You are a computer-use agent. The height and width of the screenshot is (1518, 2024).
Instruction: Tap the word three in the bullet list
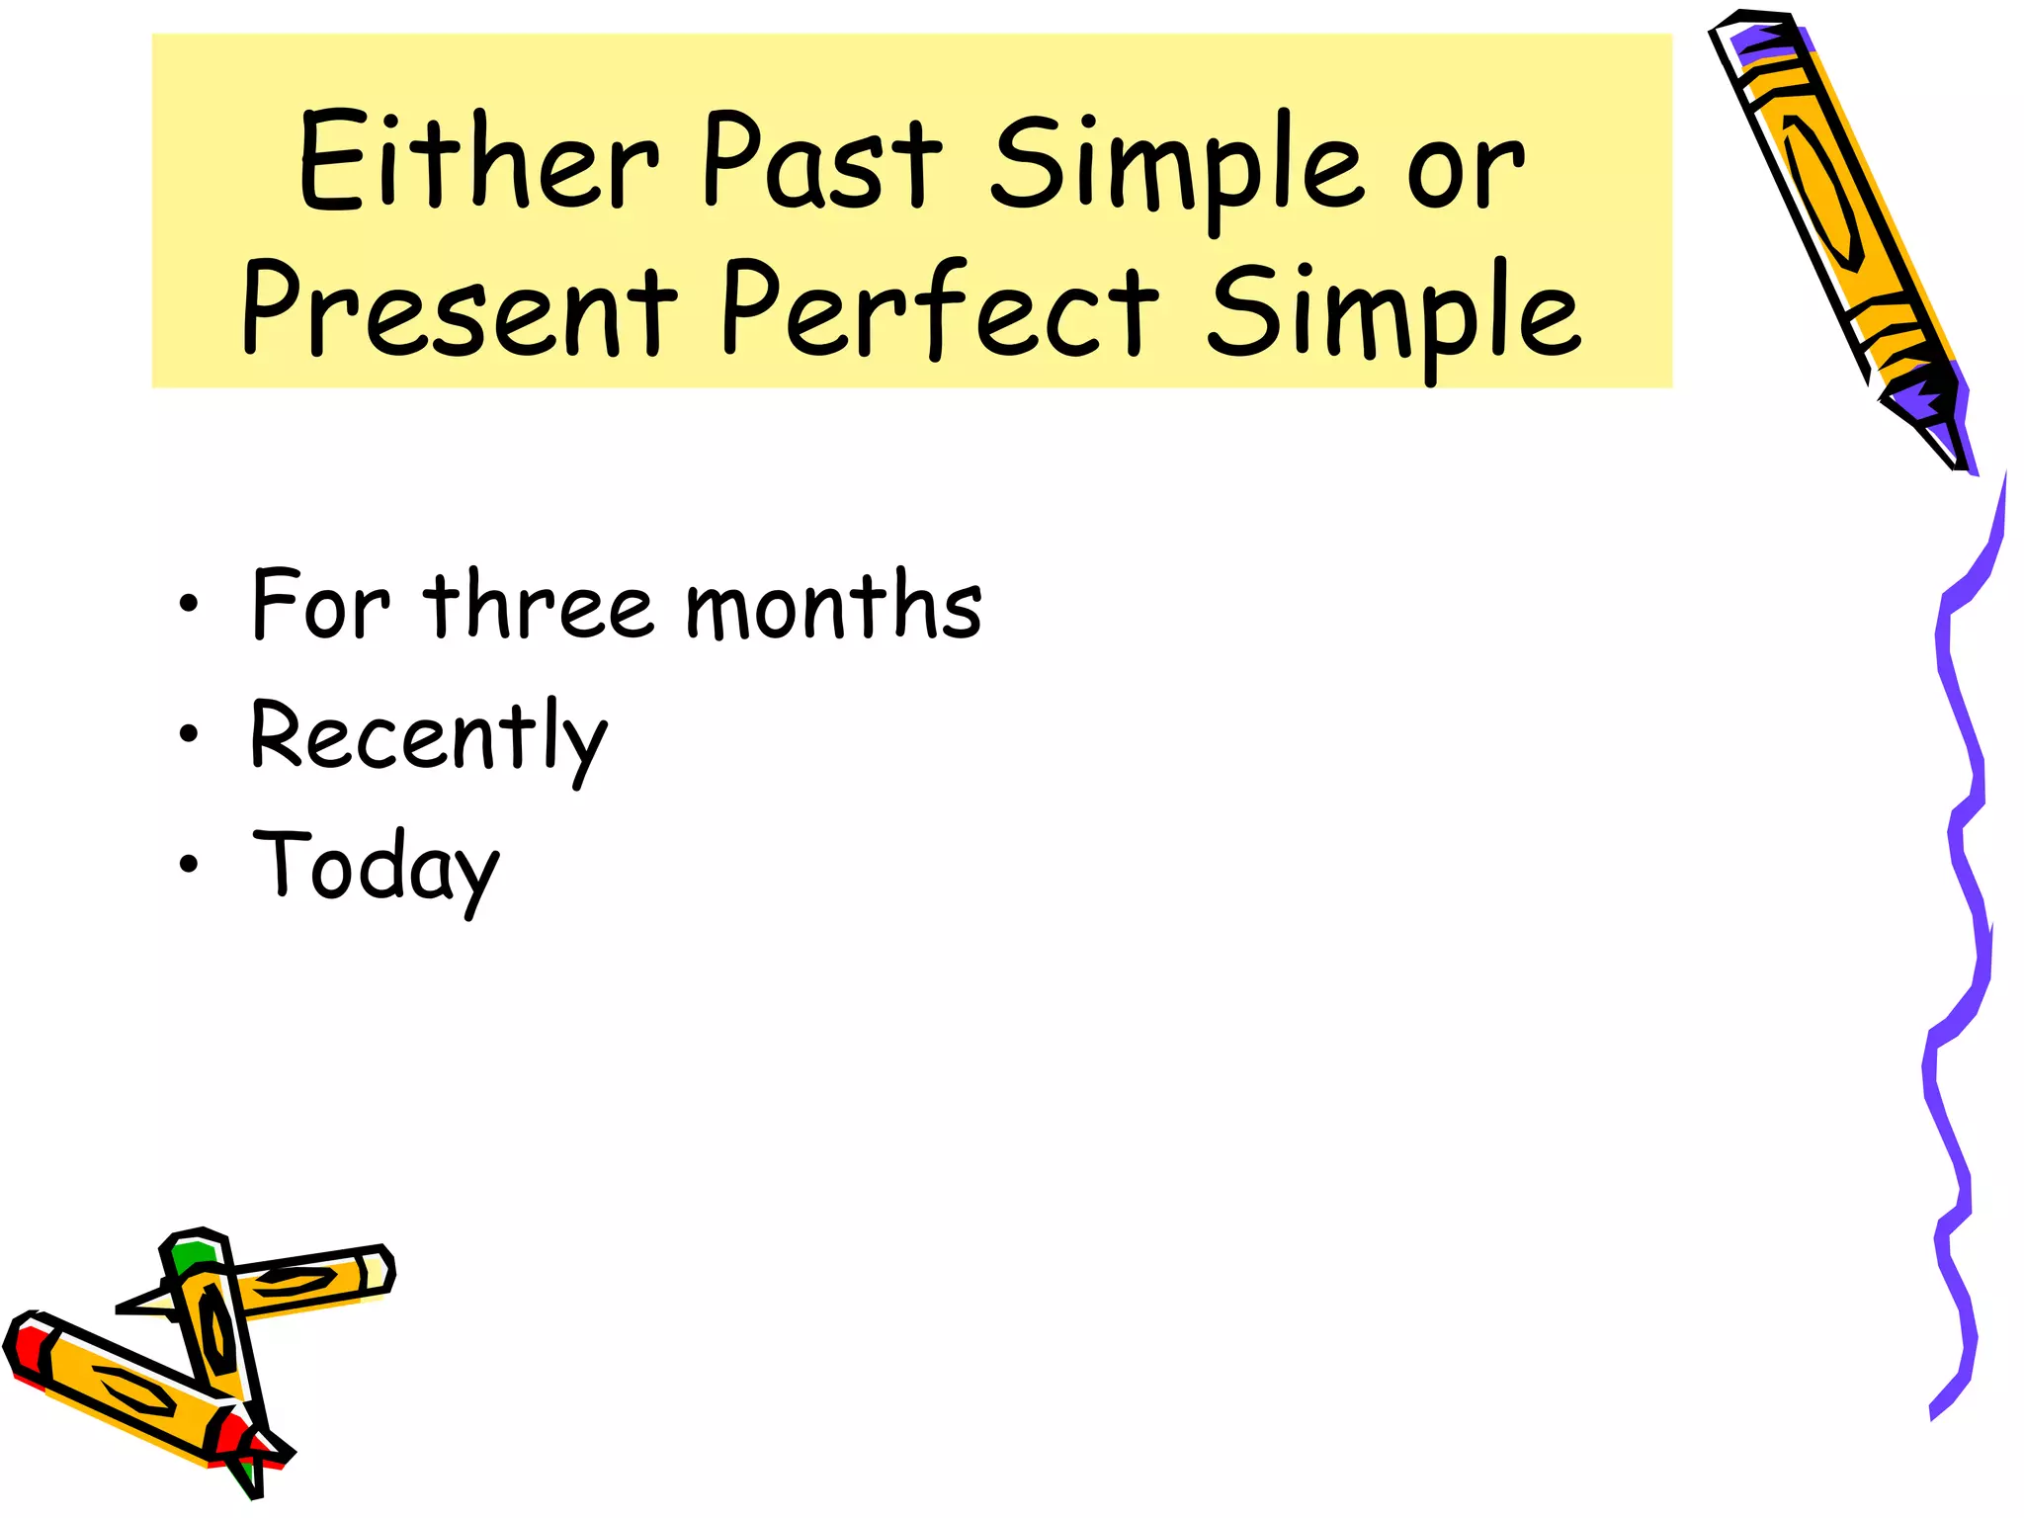539,604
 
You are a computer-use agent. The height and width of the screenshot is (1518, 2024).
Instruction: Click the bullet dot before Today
189,865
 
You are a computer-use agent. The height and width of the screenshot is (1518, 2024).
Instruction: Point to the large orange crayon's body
1828,198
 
